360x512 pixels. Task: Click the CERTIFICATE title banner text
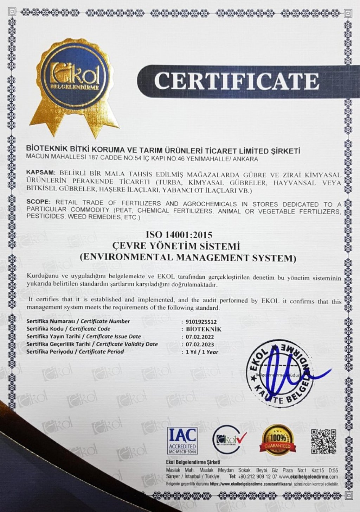236,81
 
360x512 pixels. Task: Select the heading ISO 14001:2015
179,234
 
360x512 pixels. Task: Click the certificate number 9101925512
201,322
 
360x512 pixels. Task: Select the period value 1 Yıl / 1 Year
202,352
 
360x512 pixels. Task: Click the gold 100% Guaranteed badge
277,440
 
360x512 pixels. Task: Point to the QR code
323,441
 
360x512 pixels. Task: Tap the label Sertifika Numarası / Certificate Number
78,321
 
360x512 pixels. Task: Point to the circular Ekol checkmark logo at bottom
229,440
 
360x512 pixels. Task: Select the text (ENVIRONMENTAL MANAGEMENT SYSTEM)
188,257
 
